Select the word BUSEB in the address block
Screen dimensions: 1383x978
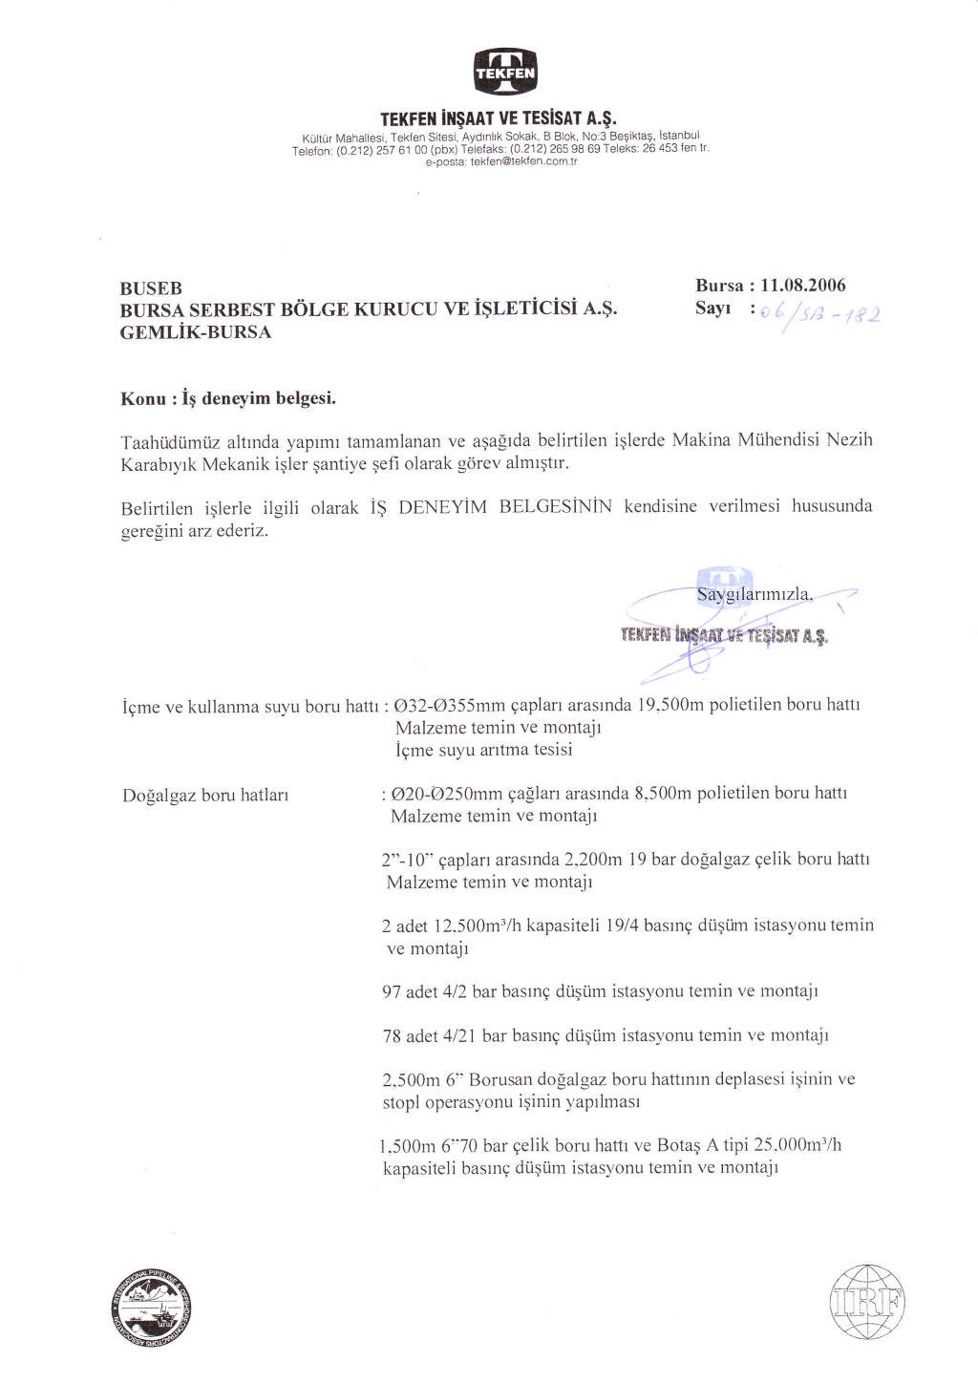click(151, 288)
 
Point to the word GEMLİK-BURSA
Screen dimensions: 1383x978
click(195, 332)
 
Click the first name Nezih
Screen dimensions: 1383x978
click(849, 440)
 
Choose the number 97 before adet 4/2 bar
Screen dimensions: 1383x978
click(392, 991)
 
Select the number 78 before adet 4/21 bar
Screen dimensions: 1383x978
click(392, 1035)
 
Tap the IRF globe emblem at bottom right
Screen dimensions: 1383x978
click(868, 1303)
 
